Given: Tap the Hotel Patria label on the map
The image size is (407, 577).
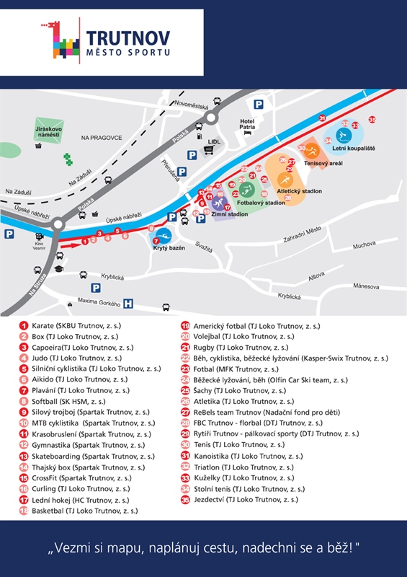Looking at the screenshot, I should (x=248, y=123).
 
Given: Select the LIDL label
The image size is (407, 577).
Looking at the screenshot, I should (x=214, y=141).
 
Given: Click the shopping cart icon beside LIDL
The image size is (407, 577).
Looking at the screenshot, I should (x=210, y=151).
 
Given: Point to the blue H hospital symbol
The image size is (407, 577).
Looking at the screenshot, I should (x=129, y=304).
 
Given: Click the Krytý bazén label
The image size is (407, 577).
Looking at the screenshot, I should (x=169, y=247).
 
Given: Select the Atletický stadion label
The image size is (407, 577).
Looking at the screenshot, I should (x=299, y=192).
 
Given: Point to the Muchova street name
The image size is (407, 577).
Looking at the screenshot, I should (x=364, y=245).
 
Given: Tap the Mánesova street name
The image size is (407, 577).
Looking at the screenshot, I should (x=366, y=286).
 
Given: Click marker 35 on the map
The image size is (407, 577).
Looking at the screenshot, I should (x=372, y=119).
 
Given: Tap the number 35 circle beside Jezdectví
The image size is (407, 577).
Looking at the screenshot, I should (x=185, y=499).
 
